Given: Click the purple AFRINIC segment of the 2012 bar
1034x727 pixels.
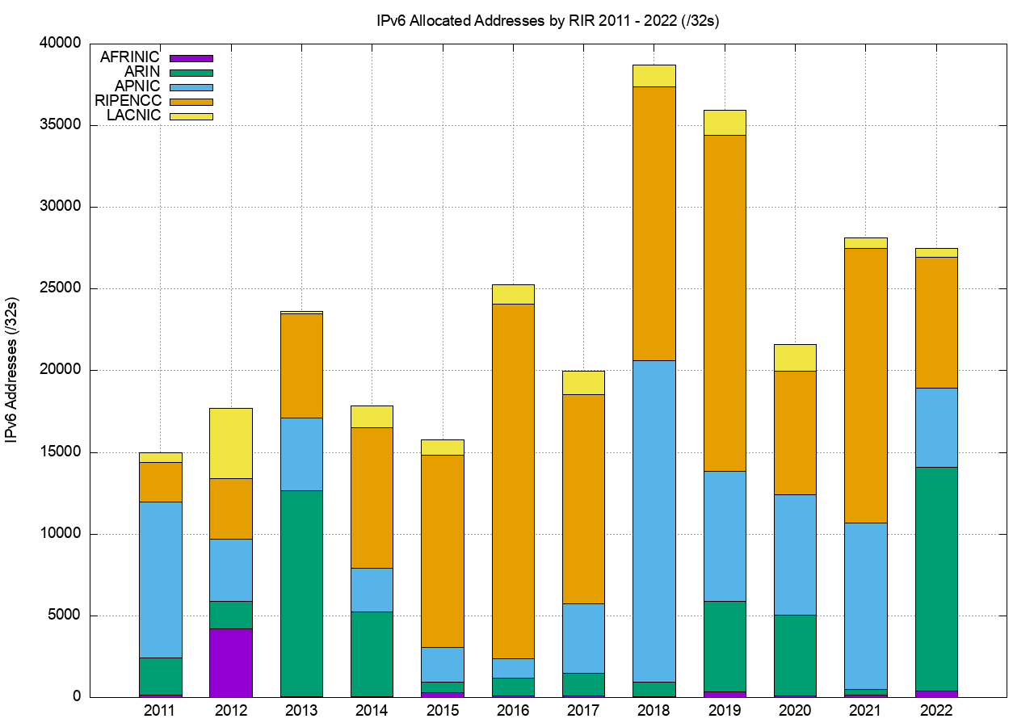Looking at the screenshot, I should pyautogui.click(x=231, y=662).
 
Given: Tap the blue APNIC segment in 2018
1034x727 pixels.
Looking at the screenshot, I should pyautogui.click(x=654, y=521).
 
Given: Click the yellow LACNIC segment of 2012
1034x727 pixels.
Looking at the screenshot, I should pyautogui.click(x=231, y=443).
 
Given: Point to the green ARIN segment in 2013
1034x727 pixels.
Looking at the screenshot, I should pyautogui.click(x=301, y=593).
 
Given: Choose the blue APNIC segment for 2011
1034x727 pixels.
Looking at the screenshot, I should pyautogui.click(x=161, y=579).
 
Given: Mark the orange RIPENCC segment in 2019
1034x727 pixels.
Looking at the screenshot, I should pyautogui.click(x=725, y=303).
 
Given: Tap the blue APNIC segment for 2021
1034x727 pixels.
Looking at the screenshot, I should pyautogui.click(x=866, y=606).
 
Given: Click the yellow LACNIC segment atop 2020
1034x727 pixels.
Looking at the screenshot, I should pyautogui.click(x=795, y=357).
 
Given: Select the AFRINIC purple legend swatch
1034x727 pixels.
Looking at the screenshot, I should pyautogui.click(x=191, y=58).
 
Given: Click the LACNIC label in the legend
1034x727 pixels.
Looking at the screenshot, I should pyautogui.click(x=134, y=116).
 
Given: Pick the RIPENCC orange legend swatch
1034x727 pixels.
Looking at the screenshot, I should pyautogui.click(x=191, y=102).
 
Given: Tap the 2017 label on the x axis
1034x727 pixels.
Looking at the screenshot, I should pyautogui.click(x=583, y=711).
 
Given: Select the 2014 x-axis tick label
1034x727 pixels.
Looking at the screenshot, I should pyautogui.click(x=372, y=711).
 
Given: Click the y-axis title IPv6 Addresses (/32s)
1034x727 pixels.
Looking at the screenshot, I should pyautogui.click(x=13, y=370).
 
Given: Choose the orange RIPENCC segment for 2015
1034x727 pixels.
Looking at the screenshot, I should pyautogui.click(x=443, y=551).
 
